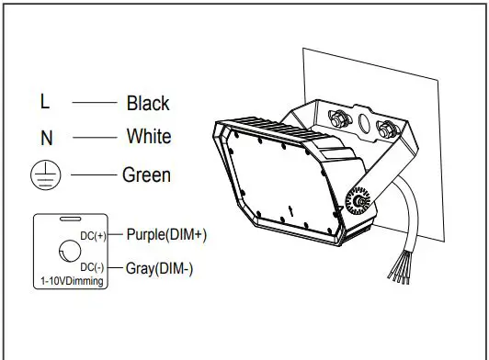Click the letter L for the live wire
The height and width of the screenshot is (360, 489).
(45, 101)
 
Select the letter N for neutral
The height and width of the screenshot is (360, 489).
(46, 139)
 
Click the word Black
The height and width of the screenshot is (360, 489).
(148, 103)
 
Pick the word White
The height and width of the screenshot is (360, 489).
(148, 137)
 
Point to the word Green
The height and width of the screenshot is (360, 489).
(146, 174)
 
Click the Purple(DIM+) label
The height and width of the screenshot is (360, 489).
(166, 234)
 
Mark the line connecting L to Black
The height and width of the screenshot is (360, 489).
(95, 102)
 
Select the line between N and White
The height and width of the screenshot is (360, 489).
(95, 138)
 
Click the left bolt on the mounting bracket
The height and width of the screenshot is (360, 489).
(336, 118)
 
